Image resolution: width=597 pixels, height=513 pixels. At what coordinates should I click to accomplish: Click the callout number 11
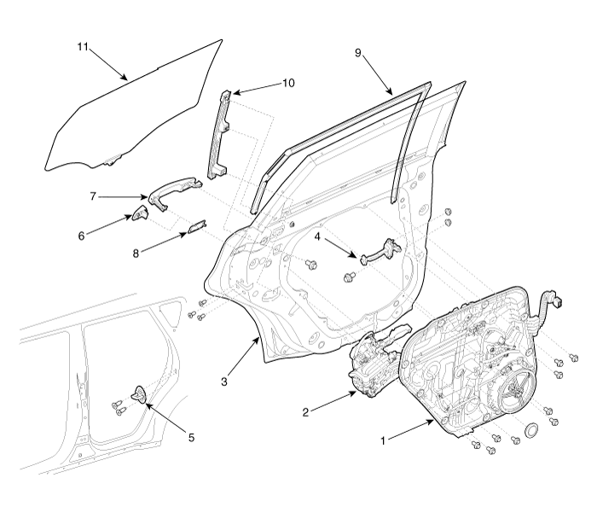[x=83, y=47]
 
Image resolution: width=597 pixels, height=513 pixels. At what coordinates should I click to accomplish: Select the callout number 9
[x=358, y=53]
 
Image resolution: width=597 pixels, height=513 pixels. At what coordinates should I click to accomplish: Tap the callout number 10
[x=288, y=83]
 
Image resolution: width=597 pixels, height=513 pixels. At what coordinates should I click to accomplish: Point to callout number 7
[x=93, y=196]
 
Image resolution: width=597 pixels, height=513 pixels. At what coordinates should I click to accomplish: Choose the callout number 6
[x=82, y=236]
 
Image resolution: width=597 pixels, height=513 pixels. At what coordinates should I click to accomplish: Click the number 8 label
[x=136, y=253]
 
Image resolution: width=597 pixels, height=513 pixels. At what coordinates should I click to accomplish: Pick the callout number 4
[x=317, y=236]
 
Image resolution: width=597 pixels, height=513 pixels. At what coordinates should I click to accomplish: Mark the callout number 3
[x=224, y=382]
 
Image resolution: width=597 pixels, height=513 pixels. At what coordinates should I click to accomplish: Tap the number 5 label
[x=192, y=438]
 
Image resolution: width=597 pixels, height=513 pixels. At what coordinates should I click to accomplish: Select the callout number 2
[x=305, y=412]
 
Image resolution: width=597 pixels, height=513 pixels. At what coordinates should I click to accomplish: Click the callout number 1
[x=384, y=441]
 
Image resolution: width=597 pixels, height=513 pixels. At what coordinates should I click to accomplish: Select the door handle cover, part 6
[x=140, y=213]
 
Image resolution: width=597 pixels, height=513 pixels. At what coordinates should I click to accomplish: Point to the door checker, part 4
[x=380, y=252]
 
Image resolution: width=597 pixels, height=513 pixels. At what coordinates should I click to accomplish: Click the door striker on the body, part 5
[x=139, y=393]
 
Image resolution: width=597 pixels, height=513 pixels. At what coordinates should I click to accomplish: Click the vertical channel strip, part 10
[x=217, y=134]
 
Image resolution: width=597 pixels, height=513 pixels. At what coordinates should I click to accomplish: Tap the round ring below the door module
[x=531, y=429]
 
